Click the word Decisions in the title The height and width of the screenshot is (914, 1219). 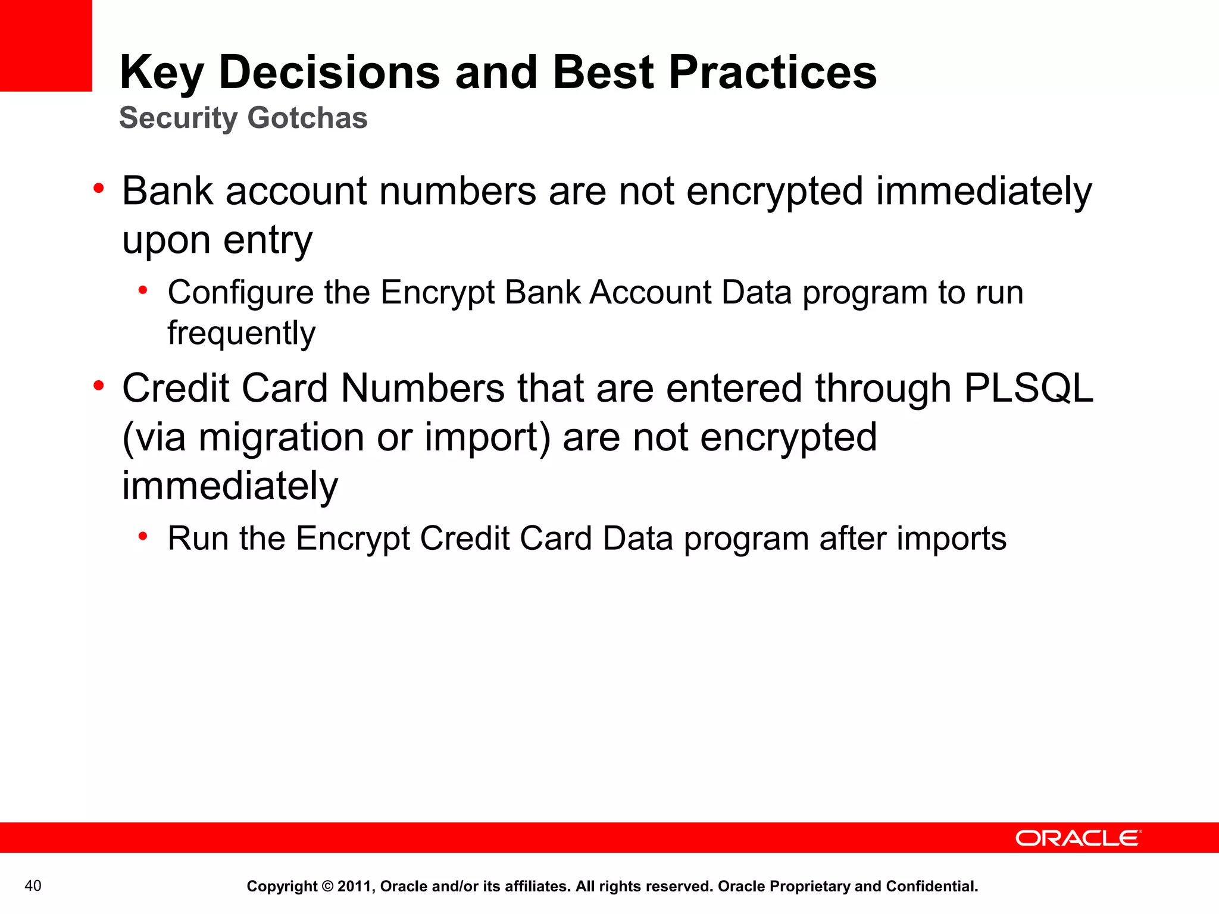point(329,73)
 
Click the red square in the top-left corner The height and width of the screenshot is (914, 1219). point(45,45)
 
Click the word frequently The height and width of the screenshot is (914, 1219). point(241,333)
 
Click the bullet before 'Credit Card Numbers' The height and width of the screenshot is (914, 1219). point(98,386)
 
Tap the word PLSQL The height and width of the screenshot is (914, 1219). point(1028,389)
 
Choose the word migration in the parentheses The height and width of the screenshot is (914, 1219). point(281,437)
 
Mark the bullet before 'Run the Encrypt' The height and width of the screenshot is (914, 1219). point(143,536)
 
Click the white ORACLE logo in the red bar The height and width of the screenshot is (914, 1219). point(1078,838)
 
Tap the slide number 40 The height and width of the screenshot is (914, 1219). point(33,886)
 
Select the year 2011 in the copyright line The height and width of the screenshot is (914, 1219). point(354,887)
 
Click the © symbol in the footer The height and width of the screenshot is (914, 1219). point(327,887)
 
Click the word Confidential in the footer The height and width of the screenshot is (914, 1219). point(932,887)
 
